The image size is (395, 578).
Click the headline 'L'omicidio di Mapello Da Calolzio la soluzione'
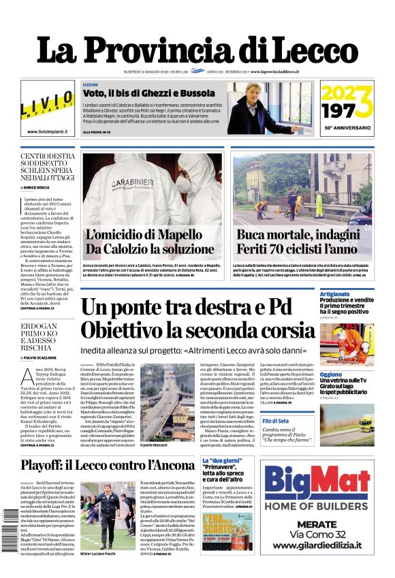click(150, 241)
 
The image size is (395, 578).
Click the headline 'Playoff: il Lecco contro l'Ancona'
click(107, 466)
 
